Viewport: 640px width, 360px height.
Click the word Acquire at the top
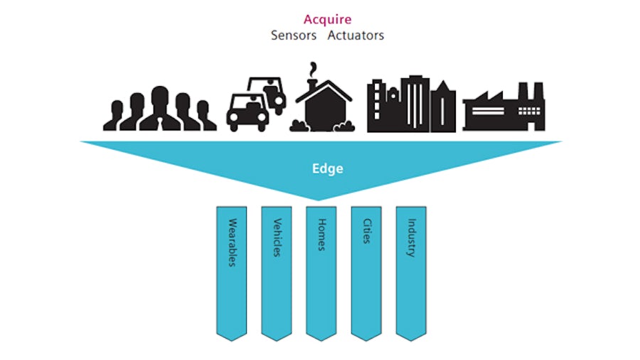tap(327, 19)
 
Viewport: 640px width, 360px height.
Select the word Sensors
tap(293, 35)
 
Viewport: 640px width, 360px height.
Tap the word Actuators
tap(356, 35)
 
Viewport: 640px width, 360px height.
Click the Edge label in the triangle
tap(328, 169)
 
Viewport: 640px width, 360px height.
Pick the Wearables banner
tap(232, 270)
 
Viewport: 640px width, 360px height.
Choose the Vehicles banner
tap(277, 270)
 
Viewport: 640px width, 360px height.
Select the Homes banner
tap(321, 270)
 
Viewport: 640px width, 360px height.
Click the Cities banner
tap(366, 270)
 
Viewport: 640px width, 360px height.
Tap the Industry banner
tap(411, 270)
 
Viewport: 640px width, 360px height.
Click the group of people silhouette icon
tap(159, 110)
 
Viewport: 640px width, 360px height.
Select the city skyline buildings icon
tap(411, 105)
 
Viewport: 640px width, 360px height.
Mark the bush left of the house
tap(299, 127)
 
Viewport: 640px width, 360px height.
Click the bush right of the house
tap(346, 127)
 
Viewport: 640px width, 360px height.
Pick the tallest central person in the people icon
tap(159, 107)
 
